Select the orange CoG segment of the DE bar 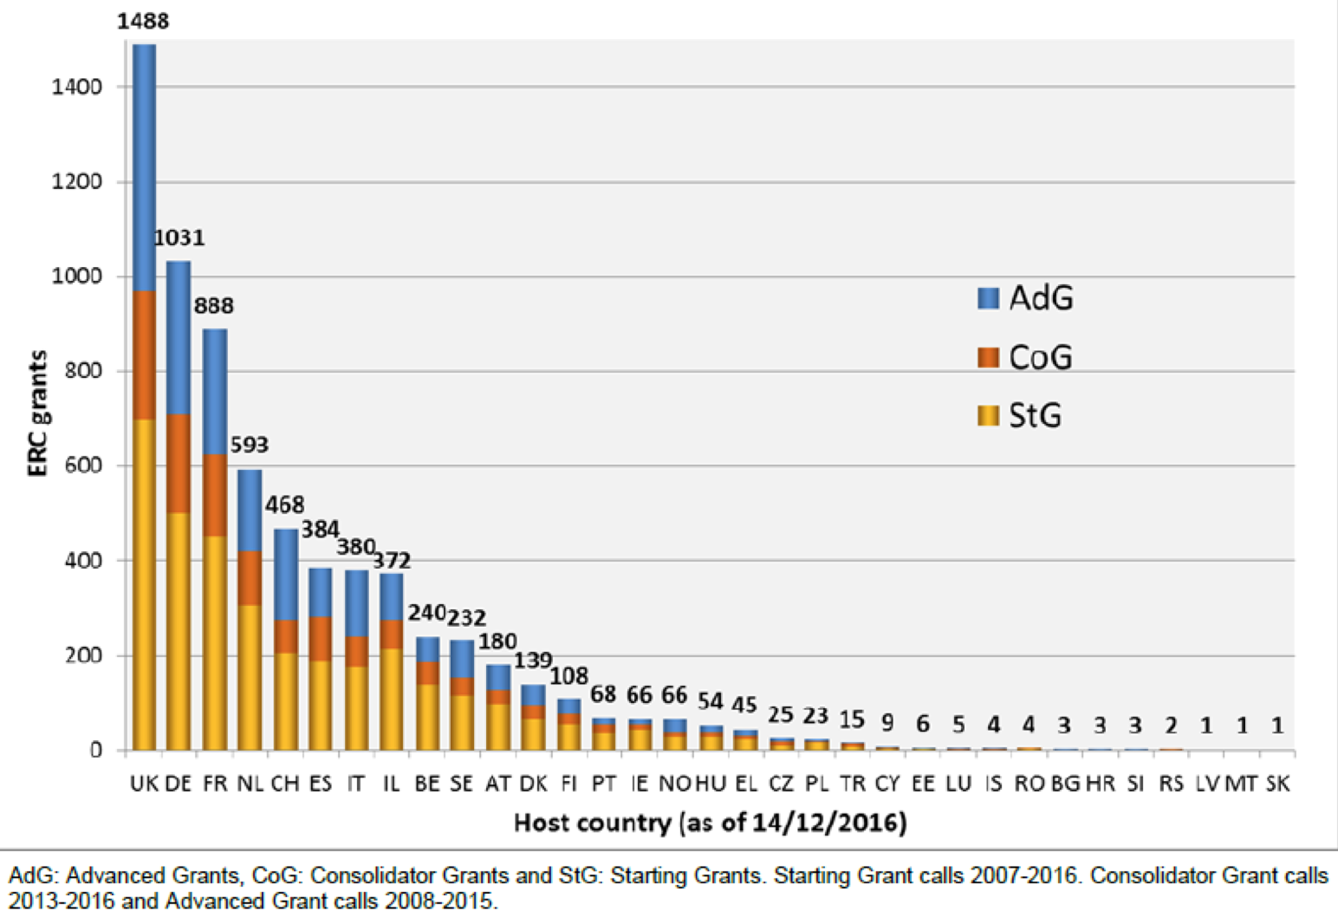(x=179, y=464)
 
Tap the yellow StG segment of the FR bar (x=214, y=641)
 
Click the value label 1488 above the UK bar (x=143, y=21)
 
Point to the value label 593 (x=250, y=445)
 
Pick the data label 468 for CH (x=285, y=504)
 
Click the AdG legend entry (x=1026, y=298)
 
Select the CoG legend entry (x=1026, y=357)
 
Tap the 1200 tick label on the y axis (x=76, y=182)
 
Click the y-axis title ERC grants (x=37, y=413)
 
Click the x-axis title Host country (x=710, y=822)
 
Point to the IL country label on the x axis (x=392, y=784)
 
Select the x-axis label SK (x=1277, y=784)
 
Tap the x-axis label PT (x=604, y=784)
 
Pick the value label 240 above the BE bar (x=426, y=613)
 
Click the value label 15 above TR (x=852, y=719)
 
